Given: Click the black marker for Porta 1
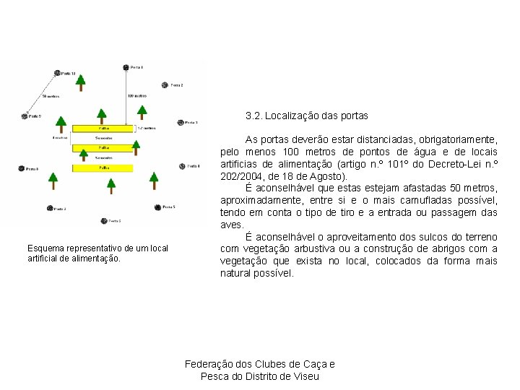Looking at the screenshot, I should tap(126, 67).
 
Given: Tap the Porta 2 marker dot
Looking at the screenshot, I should tap(165, 85).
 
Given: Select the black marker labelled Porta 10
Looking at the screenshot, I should tap(57, 73).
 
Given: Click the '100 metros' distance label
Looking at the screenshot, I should tap(136, 95).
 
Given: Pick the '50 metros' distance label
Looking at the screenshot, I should tap(51, 95).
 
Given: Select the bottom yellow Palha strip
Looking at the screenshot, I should tap(103, 168).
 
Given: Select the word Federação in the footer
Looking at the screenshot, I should tap(210, 364).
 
